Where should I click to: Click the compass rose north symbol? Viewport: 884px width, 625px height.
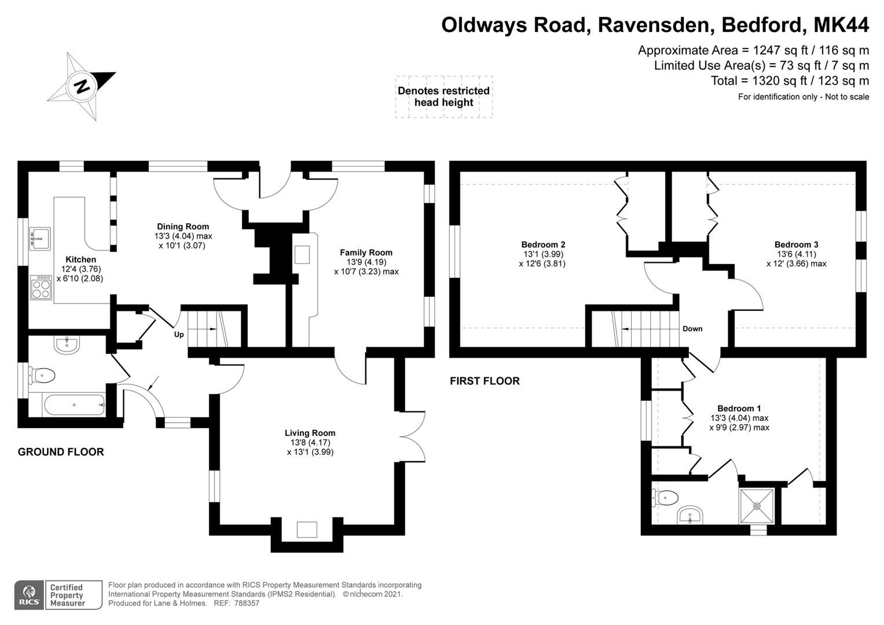click(x=82, y=86)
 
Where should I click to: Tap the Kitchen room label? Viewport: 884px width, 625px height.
click(x=80, y=259)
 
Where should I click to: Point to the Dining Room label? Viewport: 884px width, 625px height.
click(x=183, y=226)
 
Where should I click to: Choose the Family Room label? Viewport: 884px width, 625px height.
click(x=366, y=252)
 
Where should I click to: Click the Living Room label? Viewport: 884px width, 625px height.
click(x=310, y=433)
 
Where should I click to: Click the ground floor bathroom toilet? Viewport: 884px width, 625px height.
click(x=43, y=376)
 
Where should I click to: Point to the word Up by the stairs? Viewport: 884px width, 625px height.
click(x=179, y=334)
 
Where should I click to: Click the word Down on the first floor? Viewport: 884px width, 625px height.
click(x=692, y=329)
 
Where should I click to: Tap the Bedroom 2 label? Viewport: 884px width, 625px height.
click(x=543, y=244)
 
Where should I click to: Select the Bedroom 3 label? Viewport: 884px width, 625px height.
click(x=796, y=244)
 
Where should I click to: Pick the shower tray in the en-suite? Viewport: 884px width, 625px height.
click(x=757, y=505)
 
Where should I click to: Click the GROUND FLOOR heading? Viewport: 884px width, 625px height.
click(x=61, y=452)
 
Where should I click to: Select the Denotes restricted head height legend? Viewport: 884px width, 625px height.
click(x=443, y=97)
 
